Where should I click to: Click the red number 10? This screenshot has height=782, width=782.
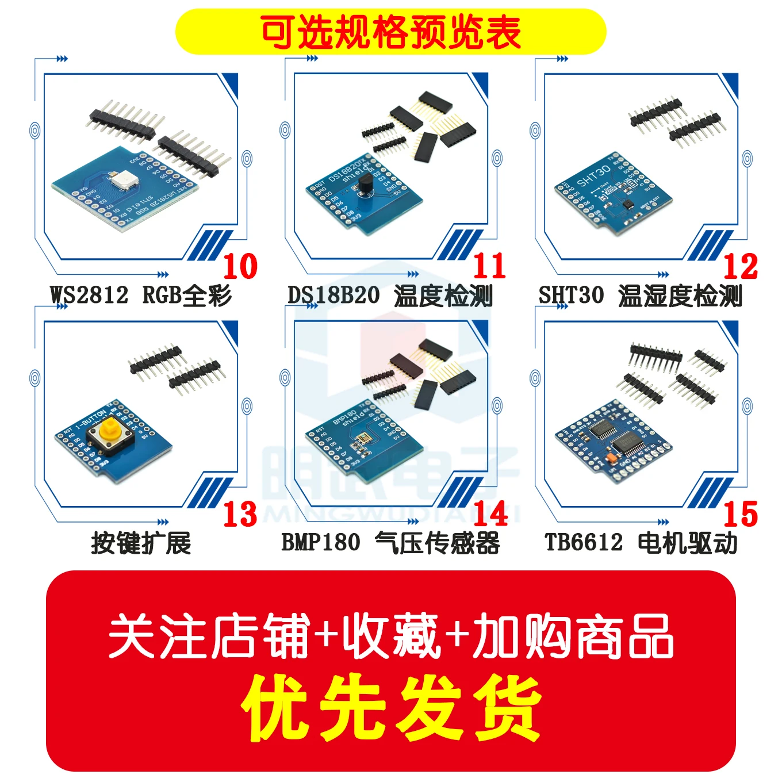tap(240, 266)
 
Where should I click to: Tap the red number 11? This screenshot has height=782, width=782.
tap(490, 266)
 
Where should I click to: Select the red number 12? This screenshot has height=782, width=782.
tap(741, 266)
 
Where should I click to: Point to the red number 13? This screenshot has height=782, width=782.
tap(240, 513)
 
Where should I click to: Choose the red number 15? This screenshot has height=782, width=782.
tap(741, 513)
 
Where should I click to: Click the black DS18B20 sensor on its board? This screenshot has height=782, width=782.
tap(365, 184)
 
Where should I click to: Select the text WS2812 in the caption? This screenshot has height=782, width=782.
tap(89, 296)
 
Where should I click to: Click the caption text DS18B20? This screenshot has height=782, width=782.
tap(333, 296)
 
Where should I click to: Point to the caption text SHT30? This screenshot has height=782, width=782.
tap(571, 296)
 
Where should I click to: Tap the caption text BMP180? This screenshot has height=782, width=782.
tap(321, 542)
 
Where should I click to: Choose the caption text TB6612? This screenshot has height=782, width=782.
tap(584, 542)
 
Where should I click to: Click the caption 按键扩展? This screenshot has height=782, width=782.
tap(141, 542)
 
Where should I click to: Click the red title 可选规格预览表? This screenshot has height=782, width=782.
tap(391, 32)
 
